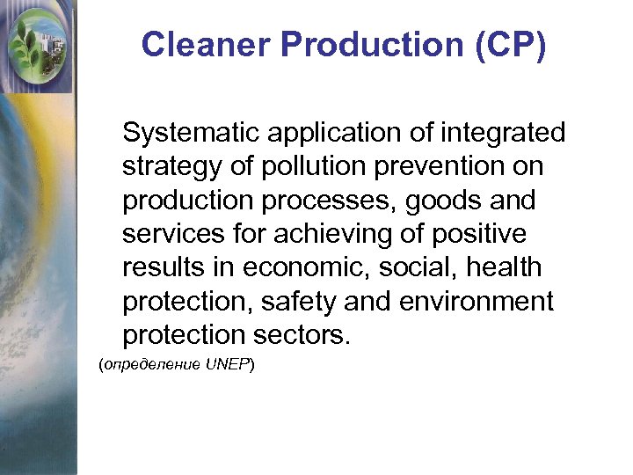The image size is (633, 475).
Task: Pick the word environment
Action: pyautogui.click(x=477, y=301)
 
